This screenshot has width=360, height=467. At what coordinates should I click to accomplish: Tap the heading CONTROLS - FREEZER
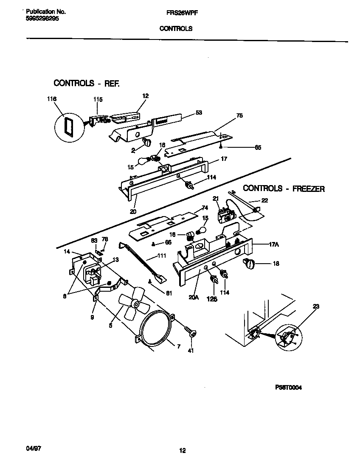[x=284, y=188]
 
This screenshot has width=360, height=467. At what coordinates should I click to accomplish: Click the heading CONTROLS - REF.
[x=86, y=83]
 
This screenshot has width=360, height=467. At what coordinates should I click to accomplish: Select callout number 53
[x=199, y=113]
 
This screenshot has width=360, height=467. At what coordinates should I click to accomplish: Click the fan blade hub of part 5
[x=135, y=304]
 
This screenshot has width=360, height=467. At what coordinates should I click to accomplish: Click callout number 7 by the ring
[x=178, y=347]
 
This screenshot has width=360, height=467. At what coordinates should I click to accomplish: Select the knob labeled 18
[x=249, y=264]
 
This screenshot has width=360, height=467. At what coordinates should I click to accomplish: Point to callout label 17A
[x=274, y=245]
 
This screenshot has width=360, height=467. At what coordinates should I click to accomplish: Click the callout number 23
[x=315, y=306]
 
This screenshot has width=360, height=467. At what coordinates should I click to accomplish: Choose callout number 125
[x=212, y=299]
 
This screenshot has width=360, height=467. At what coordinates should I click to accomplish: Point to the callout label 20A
[x=194, y=298]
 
